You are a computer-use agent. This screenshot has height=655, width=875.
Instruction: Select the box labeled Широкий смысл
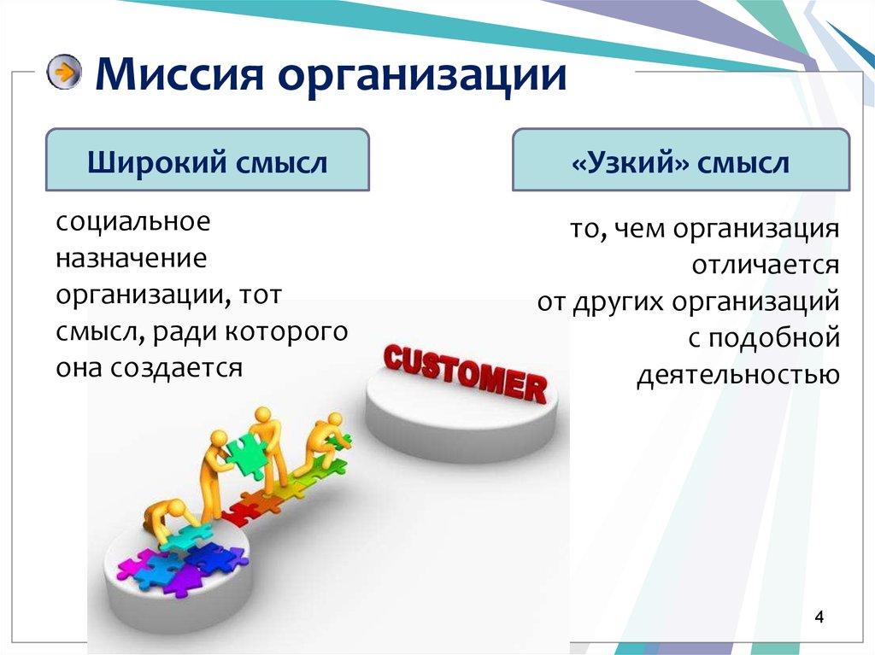click(207, 160)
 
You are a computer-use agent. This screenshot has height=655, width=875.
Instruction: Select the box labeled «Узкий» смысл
click(680, 161)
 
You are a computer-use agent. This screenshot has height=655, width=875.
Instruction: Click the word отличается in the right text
click(766, 266)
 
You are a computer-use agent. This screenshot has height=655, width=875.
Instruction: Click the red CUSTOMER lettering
click(465, 372)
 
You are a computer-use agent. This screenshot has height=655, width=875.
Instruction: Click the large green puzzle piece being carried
click(247, 452)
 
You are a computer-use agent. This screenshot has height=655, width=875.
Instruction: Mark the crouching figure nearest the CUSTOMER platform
click(327, 440)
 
